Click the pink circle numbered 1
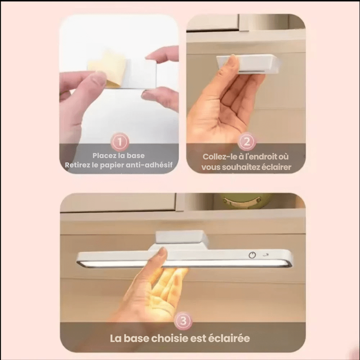click(x=120, y=141)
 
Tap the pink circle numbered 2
click(x=247, y=141)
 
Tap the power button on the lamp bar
click(x=252, y=255)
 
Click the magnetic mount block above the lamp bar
click(x=182, y=238)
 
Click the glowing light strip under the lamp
click(x=184, y=264)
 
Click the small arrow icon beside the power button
click(x=266, y=255)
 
